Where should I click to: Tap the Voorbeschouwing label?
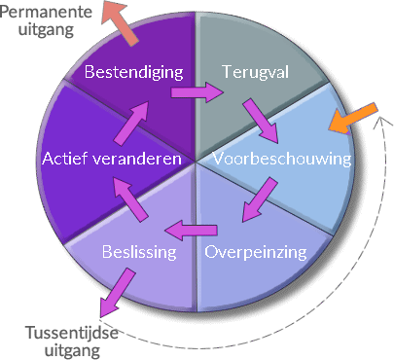point(281,158)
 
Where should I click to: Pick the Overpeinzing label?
point(256,252)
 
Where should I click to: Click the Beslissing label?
point(139,252)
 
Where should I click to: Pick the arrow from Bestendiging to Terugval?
point(197,93)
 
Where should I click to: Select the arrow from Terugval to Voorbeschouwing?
point(260,119)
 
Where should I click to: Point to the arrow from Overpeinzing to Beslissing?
point(189,231)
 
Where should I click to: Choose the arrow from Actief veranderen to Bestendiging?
point(135,119)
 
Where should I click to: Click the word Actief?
point(63,158)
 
